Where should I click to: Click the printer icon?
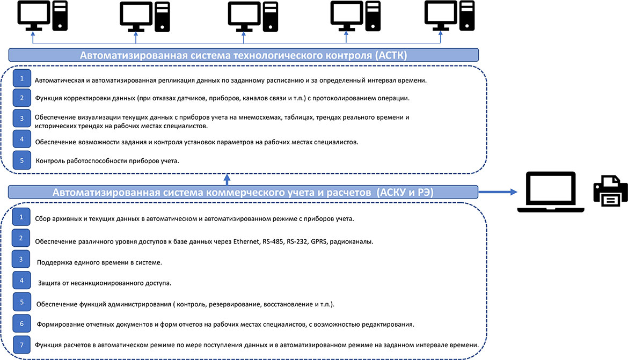(610, 191)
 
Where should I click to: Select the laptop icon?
(551, 192)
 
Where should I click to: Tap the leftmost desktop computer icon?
(42, 16)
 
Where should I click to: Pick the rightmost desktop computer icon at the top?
(449, 16)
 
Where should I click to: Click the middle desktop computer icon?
(253, 16)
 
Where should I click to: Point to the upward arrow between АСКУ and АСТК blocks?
(227, 179)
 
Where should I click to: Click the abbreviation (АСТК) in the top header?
(391, 55)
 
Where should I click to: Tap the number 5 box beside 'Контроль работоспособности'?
(21, 160)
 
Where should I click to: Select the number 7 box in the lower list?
(21, 344)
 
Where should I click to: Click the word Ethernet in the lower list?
(246, 241)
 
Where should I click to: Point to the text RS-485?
(273, 241)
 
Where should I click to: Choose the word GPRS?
(318, 241)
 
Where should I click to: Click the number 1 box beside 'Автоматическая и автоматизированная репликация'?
(21, 78)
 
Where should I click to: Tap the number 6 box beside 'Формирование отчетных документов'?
(21, 324)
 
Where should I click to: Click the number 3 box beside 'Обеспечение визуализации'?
(21, 119)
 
